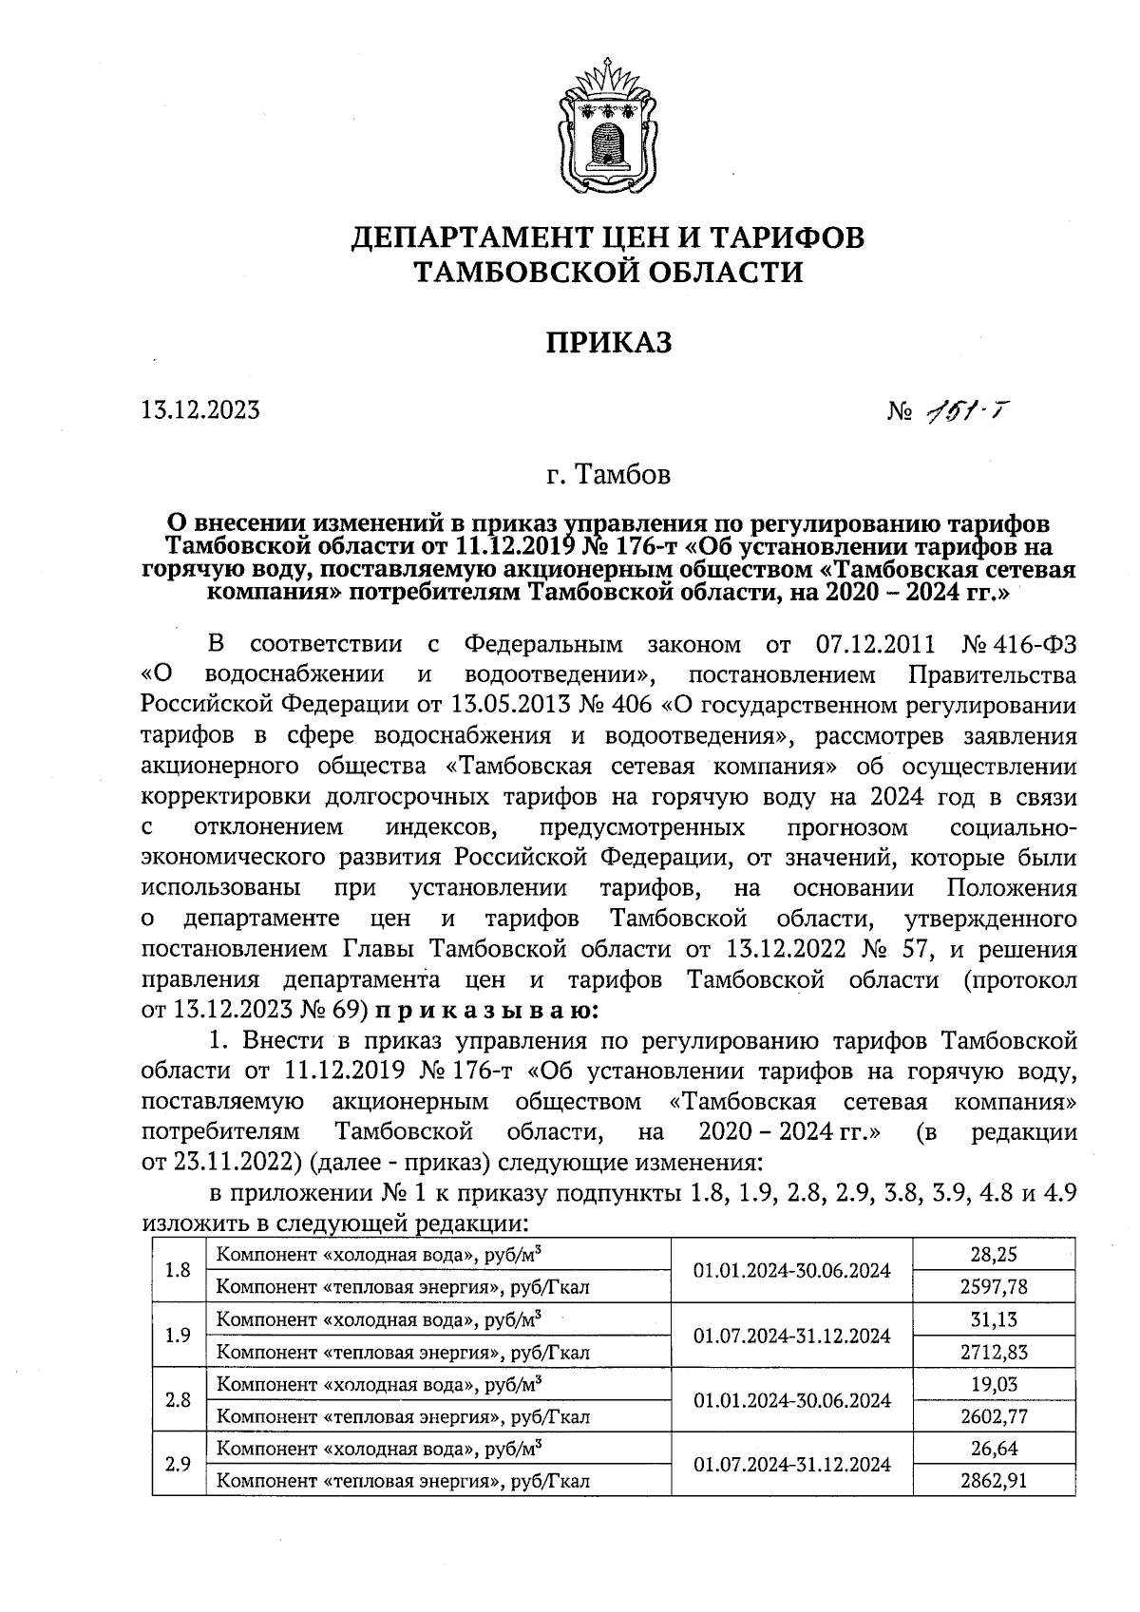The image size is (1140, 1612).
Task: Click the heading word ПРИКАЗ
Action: click(608, 342)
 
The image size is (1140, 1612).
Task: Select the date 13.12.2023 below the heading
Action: click(199, 410)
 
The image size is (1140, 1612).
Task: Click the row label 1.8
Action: click(178, 1270)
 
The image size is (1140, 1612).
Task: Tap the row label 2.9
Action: click(178, 1464)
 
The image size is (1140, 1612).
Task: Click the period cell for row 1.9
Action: click(791, 1335)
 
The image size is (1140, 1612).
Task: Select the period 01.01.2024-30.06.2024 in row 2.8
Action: click(791, 1399)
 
